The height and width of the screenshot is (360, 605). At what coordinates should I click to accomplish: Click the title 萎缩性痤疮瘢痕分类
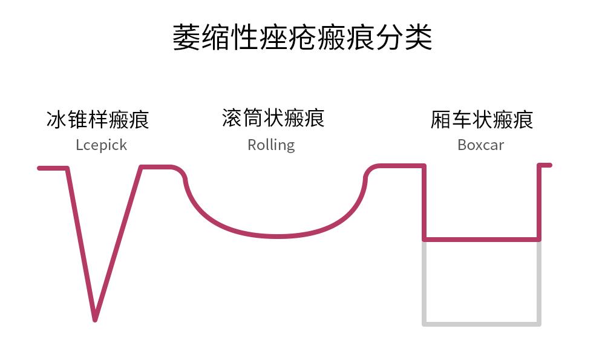(x=302, y=38)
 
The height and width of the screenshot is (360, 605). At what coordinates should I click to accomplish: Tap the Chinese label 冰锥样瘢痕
(x=97, y=119)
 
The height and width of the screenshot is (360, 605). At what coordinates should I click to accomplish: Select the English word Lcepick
(x=101, y=145)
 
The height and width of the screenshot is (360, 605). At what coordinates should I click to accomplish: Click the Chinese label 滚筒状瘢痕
(x=273, y=118)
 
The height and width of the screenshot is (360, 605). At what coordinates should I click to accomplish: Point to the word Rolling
(x=271, y=145)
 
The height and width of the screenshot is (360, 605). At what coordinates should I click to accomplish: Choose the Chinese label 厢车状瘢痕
(x=482, y=119)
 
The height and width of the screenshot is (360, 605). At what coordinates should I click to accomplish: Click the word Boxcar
(x=480, y=145)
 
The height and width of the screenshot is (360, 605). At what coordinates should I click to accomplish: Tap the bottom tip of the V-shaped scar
(x=95, y=318)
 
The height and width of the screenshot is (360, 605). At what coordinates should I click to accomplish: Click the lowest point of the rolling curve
(x=277, y=235)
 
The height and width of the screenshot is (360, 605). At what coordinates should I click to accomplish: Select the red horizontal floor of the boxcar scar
(x=481, y=240)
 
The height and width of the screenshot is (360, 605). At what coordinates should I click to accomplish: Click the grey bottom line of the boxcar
(x=481, y=324)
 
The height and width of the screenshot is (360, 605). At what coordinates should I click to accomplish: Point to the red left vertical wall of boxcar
(x=424, y=203)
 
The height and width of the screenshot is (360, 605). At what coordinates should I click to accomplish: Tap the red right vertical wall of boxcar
(x=539, y=203)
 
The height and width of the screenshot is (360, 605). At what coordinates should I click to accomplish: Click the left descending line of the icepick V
(x=80, y=242)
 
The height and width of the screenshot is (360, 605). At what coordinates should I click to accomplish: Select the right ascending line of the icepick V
(x=119, y=242)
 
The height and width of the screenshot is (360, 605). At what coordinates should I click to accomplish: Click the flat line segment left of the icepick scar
(x=52, y=168)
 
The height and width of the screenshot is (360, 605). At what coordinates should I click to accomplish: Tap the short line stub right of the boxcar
(x=545, y=165)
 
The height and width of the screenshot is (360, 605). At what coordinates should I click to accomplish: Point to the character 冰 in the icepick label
(x=56, y=119)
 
